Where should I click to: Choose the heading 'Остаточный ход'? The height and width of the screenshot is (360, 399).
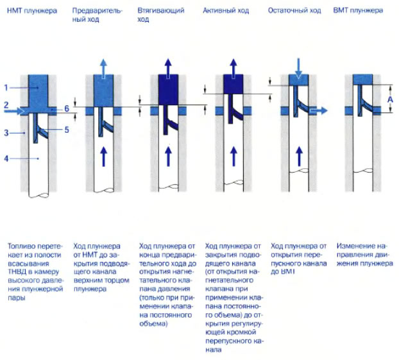point(294,12)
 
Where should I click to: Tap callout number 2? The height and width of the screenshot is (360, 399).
point(6,104)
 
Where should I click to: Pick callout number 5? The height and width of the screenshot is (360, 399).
point(65,129)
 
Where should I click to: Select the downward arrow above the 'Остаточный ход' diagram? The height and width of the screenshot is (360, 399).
point(298,65)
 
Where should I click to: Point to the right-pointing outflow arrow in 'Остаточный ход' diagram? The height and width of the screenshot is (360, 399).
point(318,110)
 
